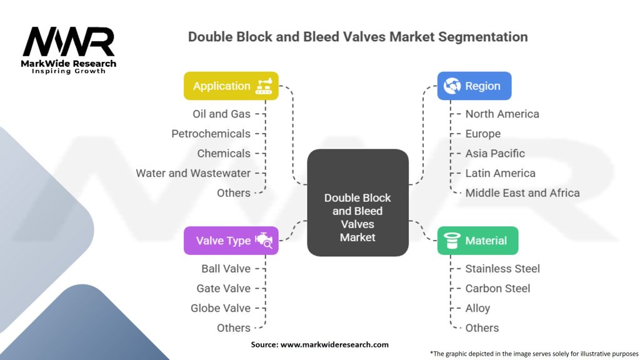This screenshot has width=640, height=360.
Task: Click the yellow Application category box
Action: point(231,86)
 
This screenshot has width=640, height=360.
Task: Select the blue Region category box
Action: point(474,86)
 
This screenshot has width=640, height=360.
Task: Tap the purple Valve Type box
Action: point(231,241)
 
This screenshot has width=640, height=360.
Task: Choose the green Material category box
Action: point(478,241)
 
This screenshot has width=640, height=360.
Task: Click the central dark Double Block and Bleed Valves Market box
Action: point(358,202)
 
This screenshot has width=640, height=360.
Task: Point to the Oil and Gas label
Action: point(222,114)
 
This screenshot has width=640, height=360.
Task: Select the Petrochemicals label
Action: point(211,134)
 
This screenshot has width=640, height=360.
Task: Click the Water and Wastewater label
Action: point(193,173)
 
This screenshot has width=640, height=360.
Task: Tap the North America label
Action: point(502,114)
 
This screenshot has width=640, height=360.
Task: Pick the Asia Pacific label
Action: point(495,154)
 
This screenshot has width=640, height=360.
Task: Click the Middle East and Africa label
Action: point(522,192)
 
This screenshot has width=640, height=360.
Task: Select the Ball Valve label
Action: point(226,269)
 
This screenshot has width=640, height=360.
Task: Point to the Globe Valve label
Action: point(221,308)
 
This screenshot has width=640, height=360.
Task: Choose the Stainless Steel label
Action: point(502,269)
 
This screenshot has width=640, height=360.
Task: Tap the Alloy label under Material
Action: point(477,308)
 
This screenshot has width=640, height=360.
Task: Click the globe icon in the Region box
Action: point(452,86)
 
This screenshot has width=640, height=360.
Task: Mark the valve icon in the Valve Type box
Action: point(264,240)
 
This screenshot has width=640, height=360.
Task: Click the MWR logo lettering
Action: point(69,42)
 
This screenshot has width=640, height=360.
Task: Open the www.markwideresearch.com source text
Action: point(334,344)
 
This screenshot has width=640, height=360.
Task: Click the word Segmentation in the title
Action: point(483,37)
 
